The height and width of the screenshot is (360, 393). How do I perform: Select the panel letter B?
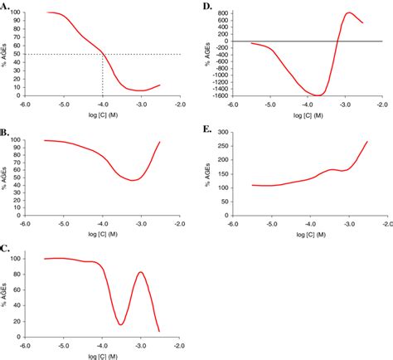pos(7,130)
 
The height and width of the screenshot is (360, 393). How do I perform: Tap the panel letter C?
pos(7,248)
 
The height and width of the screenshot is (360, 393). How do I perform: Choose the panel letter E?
pos(206,129)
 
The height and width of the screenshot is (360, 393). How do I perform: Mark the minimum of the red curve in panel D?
pos(315,95)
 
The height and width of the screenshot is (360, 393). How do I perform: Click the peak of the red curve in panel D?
pos(349,12)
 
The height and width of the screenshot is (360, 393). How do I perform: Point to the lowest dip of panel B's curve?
pos(132,180)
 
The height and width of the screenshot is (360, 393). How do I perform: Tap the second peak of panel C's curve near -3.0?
pos(140,272)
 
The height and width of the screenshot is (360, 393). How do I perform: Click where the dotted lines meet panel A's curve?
pos(103,54)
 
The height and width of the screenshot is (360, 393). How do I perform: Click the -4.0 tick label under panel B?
pos(103,224)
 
